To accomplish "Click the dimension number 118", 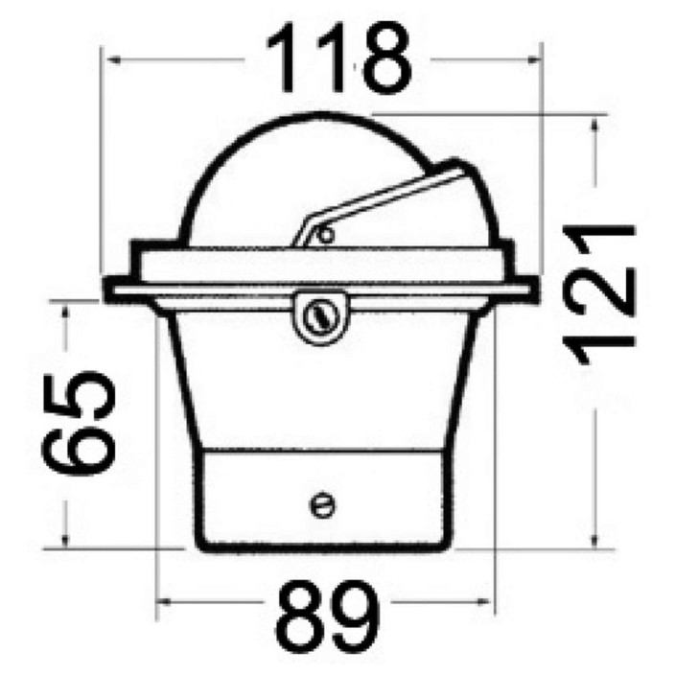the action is [338, 58].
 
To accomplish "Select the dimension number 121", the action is [599, 294].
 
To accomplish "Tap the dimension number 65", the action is [79, 423].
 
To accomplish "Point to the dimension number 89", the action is [328, 617].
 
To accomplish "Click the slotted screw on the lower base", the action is [323, 504].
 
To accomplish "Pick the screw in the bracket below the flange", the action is [321, 317].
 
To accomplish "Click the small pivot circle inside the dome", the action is [326, 235].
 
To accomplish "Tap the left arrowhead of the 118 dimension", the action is [113, 60].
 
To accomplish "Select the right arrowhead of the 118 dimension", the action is [532, 60].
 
